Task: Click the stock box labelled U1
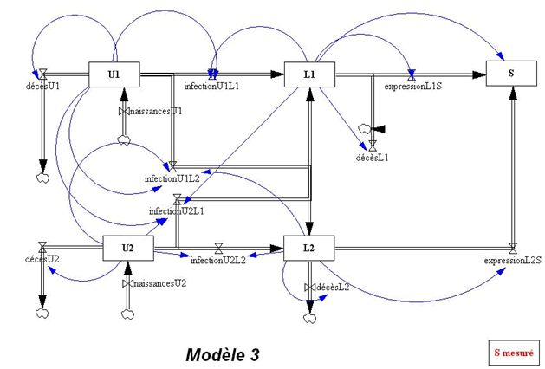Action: (114, 75)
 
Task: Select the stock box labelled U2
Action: (127, 248)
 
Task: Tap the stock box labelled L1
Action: (309, 75)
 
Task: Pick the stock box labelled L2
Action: (309, 248)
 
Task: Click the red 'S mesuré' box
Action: (514, 352)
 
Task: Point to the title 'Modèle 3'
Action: (222, 354)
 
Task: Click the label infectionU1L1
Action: (212, 87)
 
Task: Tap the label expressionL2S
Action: (513, 260)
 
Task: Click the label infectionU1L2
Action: (172, 178)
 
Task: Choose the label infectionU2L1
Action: (177, 210)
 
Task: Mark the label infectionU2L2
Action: (217, 260)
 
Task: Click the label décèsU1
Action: (43, 87)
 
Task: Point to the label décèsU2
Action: (42, 259)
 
